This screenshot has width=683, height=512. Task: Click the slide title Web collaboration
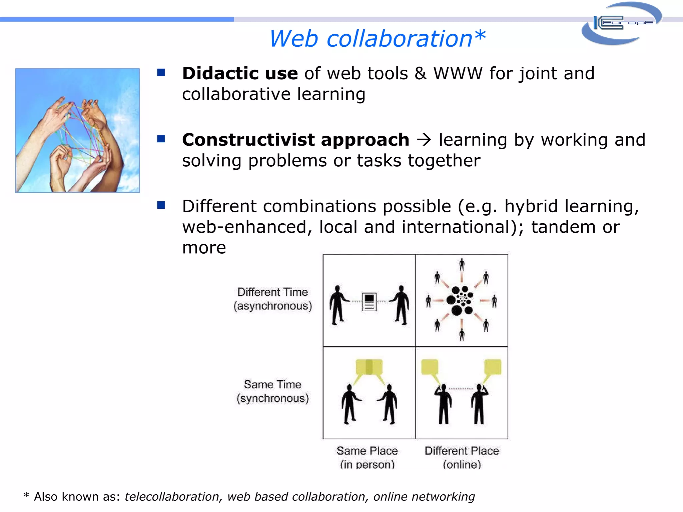point(377,39)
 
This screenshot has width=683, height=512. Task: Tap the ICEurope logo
point(622,23)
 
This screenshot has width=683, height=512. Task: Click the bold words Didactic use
point(240,73)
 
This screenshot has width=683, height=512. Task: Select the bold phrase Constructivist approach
point(295,140)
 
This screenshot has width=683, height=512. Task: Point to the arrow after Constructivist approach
point(424,140)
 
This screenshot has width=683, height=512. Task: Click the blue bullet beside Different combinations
point(161,205)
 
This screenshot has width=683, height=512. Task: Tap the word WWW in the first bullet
point(458,73)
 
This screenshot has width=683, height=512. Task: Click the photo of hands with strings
point(77,130)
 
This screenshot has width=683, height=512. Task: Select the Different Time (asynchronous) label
point(272,299)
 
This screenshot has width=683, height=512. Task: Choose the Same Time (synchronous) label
point(272,391)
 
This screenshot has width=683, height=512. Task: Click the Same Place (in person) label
point(367,457)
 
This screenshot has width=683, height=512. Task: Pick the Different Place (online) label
point(462,457)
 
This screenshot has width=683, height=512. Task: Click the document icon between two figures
point(369,302)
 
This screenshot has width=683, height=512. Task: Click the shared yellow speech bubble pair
point(369,367)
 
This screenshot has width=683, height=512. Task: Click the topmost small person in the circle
point(462,265)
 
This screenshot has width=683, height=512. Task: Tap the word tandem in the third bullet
point(563,227)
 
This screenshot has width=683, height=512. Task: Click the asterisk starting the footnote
point(26,496)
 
